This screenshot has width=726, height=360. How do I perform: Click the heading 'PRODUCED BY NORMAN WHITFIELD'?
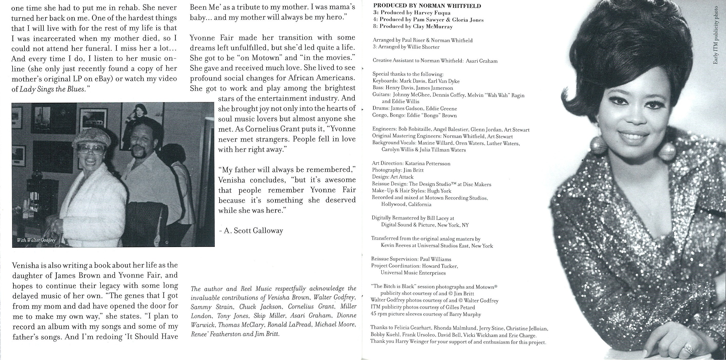(427, 6)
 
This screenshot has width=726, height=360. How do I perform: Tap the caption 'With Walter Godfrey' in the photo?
(36, 240)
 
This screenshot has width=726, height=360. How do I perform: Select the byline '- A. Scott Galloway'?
(250, 231)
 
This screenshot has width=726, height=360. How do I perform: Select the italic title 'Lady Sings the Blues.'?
(52, 89)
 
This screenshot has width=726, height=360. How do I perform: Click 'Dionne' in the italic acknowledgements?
(347, 316)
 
